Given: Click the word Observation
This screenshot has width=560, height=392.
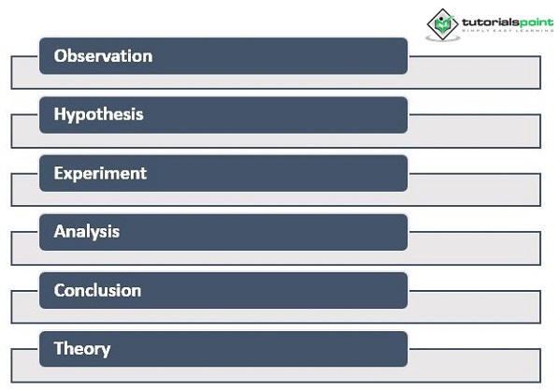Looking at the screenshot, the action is [x=103, y=56].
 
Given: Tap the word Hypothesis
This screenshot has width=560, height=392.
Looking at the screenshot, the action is [x=98, y=115].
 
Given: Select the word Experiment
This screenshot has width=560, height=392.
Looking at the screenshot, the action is [x=100, y=174].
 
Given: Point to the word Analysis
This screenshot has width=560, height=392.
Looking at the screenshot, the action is [x=87, y=232].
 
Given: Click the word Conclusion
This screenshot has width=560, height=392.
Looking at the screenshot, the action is [x=97, y=290].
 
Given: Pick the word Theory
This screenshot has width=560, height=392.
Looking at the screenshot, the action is [x=82, y=349].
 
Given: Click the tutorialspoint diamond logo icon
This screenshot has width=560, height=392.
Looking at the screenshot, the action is [x=443, y=24].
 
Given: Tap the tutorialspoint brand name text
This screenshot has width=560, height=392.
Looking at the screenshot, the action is [x=508, y=22].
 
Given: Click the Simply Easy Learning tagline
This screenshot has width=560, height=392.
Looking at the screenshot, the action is [x=508, y=31].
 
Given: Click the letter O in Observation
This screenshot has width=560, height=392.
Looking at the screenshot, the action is [x=60, y=56].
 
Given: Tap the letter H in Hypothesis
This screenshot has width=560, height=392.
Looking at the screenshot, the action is [x=59, y=114].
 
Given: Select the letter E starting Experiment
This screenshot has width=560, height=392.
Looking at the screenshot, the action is [x=58, y=173].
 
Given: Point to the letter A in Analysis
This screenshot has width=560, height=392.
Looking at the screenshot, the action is [x=60, y=232].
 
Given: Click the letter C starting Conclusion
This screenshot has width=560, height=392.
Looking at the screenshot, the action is [x=59, y=290].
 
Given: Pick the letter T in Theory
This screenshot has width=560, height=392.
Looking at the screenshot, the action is [x=60, y=348].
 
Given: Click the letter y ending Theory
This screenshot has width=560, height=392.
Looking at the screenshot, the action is [x=106, y=351].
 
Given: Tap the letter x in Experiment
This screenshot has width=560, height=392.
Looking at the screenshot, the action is [x=68, y=175].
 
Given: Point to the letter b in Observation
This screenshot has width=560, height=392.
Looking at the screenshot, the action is [x=73, y=56].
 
